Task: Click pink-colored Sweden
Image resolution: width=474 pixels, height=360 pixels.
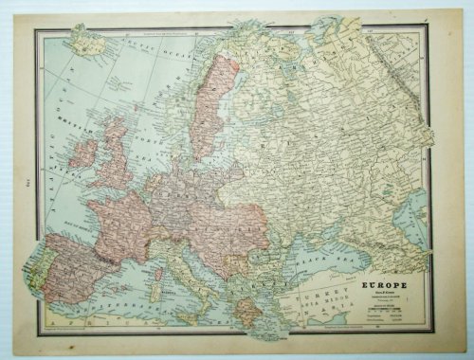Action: pyautogui.click(x=210, y=104)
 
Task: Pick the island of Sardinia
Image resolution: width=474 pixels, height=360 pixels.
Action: pyautogui.click(x=157, y=283)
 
